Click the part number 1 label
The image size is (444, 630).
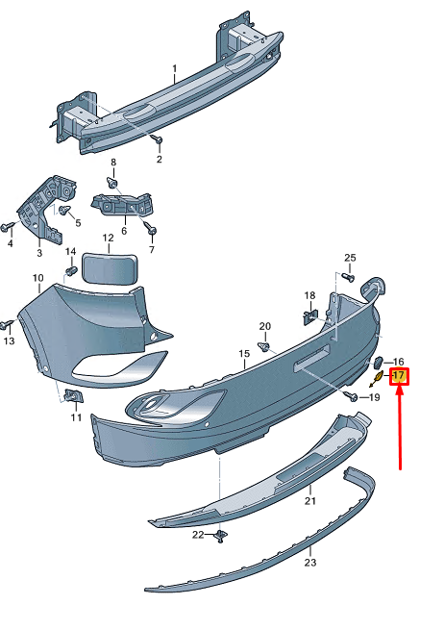(x=175, y=69)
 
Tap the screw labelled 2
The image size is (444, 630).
(x=156, y=141)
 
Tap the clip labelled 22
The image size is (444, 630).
(x=220, y=536)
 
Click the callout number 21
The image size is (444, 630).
(x=309, y=501)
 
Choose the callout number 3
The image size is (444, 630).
(x=39, y=253)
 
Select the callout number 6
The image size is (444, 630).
(x=123, y=232)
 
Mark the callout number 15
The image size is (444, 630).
(x=244, y=354)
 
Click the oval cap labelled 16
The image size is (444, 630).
(x=378, y=363)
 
